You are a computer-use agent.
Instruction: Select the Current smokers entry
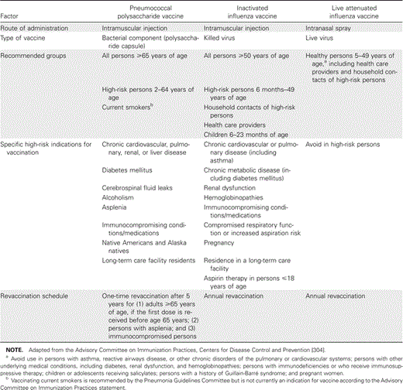click(x=127, y=105)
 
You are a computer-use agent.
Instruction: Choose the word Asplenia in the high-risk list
click(x=115, y=197)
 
